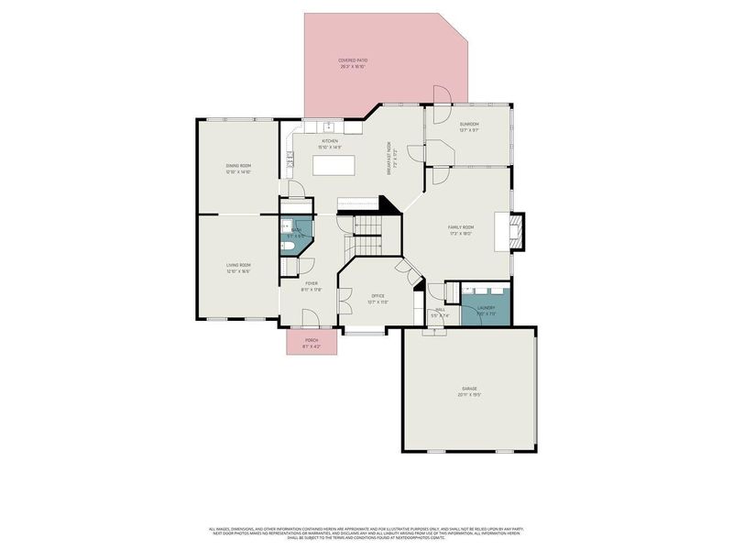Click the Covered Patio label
353,60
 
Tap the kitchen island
334,165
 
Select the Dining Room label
238,166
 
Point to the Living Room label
238,265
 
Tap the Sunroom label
469,124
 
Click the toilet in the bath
288,246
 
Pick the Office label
377,295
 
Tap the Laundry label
486,308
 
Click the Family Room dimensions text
460,234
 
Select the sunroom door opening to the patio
439,96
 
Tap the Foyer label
312,284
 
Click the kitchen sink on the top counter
327,126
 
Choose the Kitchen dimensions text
329,147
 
